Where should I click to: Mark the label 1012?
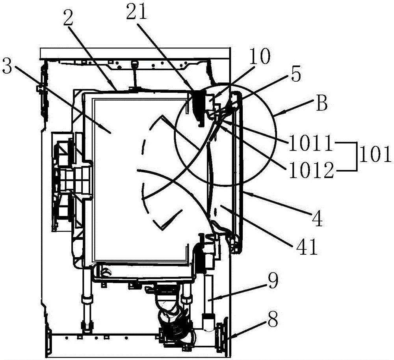click(311, 170)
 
